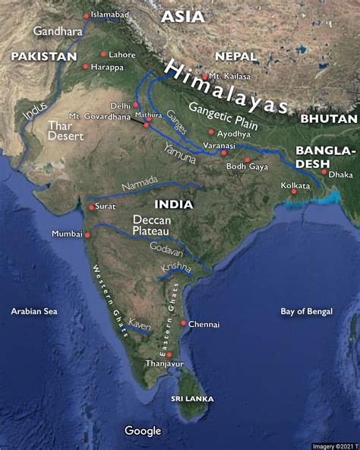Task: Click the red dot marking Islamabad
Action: [x=85, y=15]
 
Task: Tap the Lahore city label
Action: [x=122, y=55]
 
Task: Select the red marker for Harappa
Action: [x=85, y=67]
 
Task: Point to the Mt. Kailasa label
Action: [x=229, y=76]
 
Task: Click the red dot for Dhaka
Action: [x=324, y=172]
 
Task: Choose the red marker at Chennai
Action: [x=183, y=323]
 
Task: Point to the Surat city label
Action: [x=106, y=206]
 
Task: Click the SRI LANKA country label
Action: [x=191, y=398]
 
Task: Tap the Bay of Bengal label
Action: [x=307, y=311]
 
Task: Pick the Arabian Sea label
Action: [x=34, y=311]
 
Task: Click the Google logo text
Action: [x=143, y=431]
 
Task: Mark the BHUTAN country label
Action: [x=329, y=119]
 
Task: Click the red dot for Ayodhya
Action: [x=210, y=132]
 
